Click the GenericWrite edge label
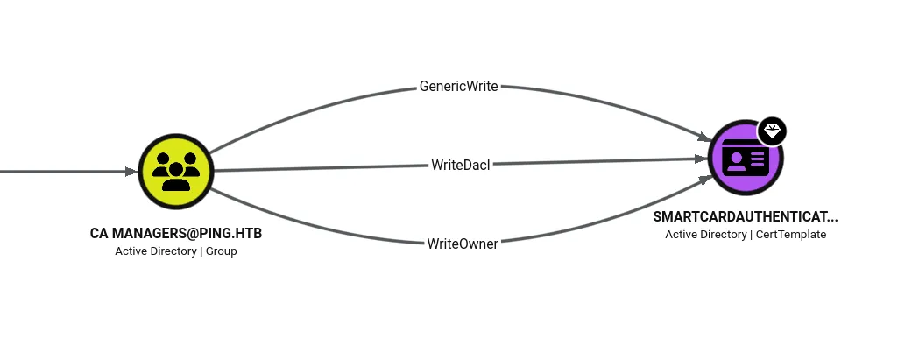458,86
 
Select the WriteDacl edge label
460,166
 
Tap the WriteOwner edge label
463,244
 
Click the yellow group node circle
176,171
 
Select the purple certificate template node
746,158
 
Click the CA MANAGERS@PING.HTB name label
176,233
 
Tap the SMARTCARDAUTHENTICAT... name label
746,216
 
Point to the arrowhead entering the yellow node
131,172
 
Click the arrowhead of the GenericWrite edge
704,138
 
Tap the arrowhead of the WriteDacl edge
702,159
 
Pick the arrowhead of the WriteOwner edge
705,179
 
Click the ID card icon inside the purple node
746,158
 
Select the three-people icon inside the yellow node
176,171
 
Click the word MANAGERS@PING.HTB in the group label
187,233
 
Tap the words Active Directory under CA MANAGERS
156,251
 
